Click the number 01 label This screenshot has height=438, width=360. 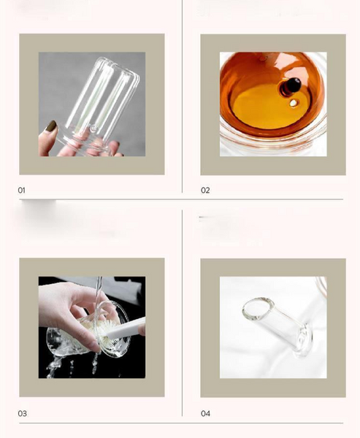[x=21, y=191]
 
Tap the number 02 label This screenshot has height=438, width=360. [x=205, y=191]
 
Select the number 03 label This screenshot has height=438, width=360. [x=23, y=413]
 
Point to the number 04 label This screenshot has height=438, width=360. [x=205, y=413]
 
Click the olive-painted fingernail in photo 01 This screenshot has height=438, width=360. [x=51, y=126]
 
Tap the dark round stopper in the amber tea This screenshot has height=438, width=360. [x=291, y=85]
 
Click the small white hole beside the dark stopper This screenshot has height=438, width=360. [x=294, y=103]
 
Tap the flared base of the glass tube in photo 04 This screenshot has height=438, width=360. [x=303, y=340]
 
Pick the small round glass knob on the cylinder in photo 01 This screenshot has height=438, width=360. [x=93, y=128]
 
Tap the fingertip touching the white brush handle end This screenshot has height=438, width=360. [x=142, y=330]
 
